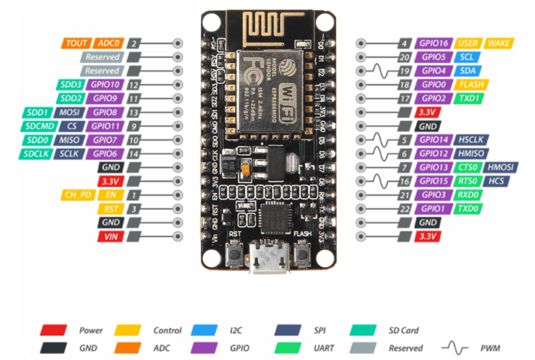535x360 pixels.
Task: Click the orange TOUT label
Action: click(77, 43)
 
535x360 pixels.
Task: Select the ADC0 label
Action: click(108, 43)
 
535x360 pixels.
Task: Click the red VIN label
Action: click(108, 237)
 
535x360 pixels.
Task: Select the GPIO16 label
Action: click(433, 43)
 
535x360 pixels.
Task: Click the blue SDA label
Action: click(468, 71)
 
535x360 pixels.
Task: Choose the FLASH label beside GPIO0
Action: click(469, 84)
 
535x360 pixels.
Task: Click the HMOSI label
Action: click(502, 168)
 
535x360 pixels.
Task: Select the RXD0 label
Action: click(468, 195)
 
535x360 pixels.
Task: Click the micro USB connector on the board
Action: click(268, 259)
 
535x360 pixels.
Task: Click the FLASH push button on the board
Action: click(303, 255)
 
